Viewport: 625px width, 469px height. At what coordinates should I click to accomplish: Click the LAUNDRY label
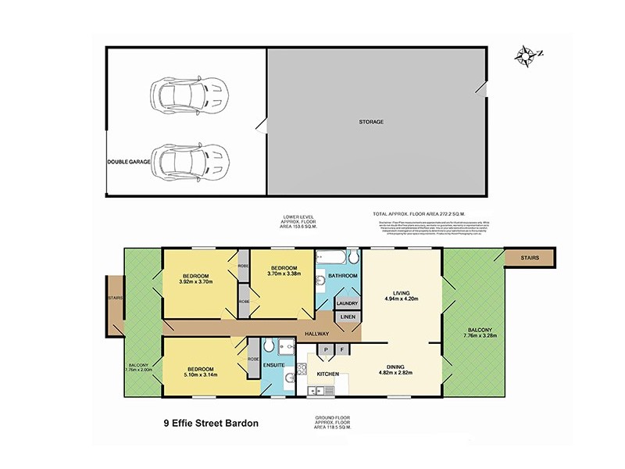(347, 303)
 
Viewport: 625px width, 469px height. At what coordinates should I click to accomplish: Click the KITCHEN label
(327, 374)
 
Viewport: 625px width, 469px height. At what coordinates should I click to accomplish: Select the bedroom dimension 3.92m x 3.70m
(196, 281)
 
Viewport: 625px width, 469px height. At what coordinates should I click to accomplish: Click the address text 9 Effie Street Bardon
(210, 424)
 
